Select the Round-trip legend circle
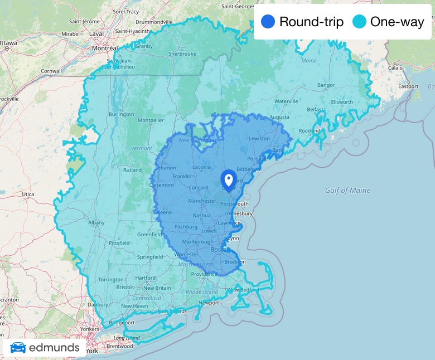268,22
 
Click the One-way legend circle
360,22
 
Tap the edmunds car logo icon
18,348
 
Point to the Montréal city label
105,48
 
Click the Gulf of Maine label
347,191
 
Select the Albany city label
96,222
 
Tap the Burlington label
121,114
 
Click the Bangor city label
326,85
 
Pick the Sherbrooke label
182,54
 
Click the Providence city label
204,274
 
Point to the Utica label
27,194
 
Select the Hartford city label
145,278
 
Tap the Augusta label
279,118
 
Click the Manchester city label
202,201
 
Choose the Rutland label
132,170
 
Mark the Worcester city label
186,255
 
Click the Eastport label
408,86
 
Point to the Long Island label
126,338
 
